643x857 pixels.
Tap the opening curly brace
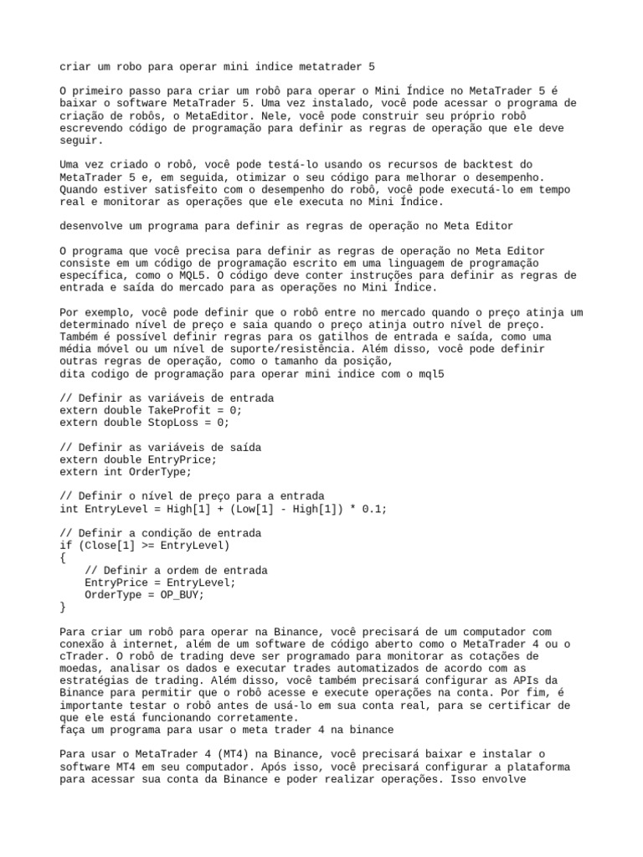coord(64,558)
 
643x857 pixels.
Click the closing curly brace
coord(64,608)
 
